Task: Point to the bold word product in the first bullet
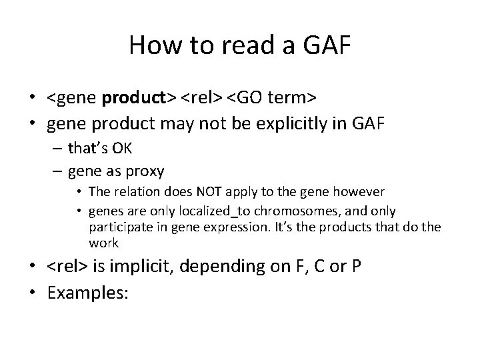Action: [x=139, y=99]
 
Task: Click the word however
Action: [x=361, y=192]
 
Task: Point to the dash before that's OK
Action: [x=55, y=148]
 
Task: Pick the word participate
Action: [x=114, y=227]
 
